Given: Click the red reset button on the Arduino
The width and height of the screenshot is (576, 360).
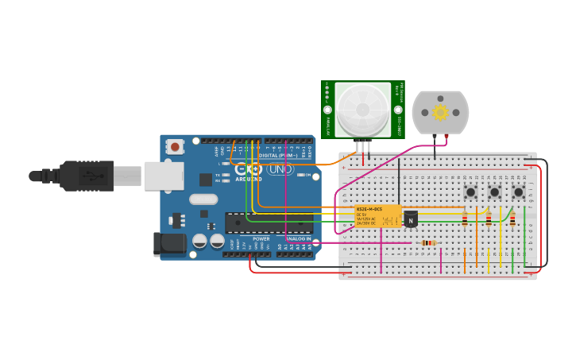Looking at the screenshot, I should point(175,146).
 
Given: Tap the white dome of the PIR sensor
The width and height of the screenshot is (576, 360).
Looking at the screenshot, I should point(362,110).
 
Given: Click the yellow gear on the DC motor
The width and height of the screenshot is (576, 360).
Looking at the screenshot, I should point(440,112).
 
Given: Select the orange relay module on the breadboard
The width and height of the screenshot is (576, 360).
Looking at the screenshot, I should point(377,215).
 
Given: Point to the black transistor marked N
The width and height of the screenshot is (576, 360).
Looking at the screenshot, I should point(411,219).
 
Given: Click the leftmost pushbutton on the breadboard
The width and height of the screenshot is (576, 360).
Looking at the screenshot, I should point(471,192).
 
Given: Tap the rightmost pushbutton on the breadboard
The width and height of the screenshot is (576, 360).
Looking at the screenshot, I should point(518,192).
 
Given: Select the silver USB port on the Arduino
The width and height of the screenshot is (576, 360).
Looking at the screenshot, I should point(164,176).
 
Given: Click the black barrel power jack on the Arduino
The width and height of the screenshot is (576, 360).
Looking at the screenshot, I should point(170,244).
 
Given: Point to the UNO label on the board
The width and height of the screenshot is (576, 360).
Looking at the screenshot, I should point(280,169).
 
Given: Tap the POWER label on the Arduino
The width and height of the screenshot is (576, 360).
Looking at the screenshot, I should point(261,238).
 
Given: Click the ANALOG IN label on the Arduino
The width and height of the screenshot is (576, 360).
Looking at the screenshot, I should point(294,238).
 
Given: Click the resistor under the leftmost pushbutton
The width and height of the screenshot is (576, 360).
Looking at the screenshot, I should point(465,219).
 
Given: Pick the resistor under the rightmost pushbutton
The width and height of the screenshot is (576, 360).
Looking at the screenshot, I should point(512,219).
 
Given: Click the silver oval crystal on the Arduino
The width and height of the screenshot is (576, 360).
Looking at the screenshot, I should point(203,200).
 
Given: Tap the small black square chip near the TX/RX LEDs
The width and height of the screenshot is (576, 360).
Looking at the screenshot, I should point(206,180).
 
